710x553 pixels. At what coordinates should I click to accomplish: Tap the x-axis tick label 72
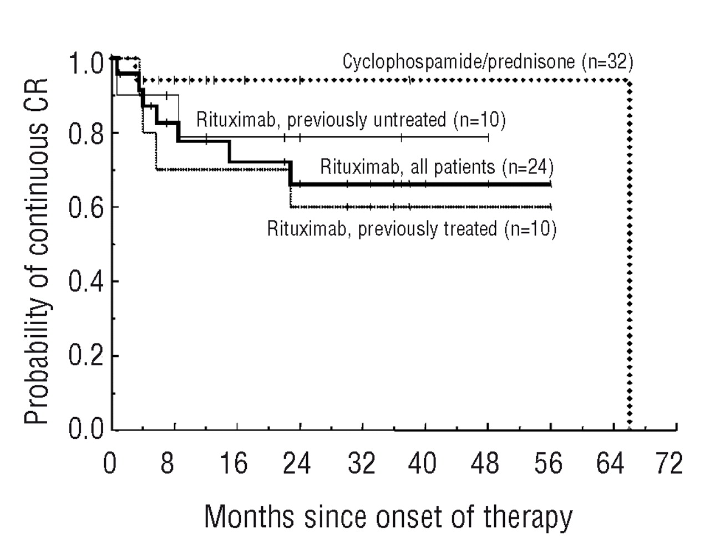(x=668, y=463)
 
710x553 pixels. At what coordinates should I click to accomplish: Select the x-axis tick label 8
(x=167, y=463)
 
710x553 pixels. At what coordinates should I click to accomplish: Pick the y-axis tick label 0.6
(x=86, y=208)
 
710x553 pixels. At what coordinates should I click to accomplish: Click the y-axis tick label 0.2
(x=86, y=356)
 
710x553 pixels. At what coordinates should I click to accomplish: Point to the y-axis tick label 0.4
(x=86, y=281)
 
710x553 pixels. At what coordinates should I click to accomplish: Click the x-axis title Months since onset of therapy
(x=388, y=517)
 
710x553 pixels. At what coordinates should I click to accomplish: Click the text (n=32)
(x=607, y=62)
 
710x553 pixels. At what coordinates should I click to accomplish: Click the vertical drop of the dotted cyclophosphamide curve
(x=630, y=255)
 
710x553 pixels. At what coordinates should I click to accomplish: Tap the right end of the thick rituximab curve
(x=550, y=183)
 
